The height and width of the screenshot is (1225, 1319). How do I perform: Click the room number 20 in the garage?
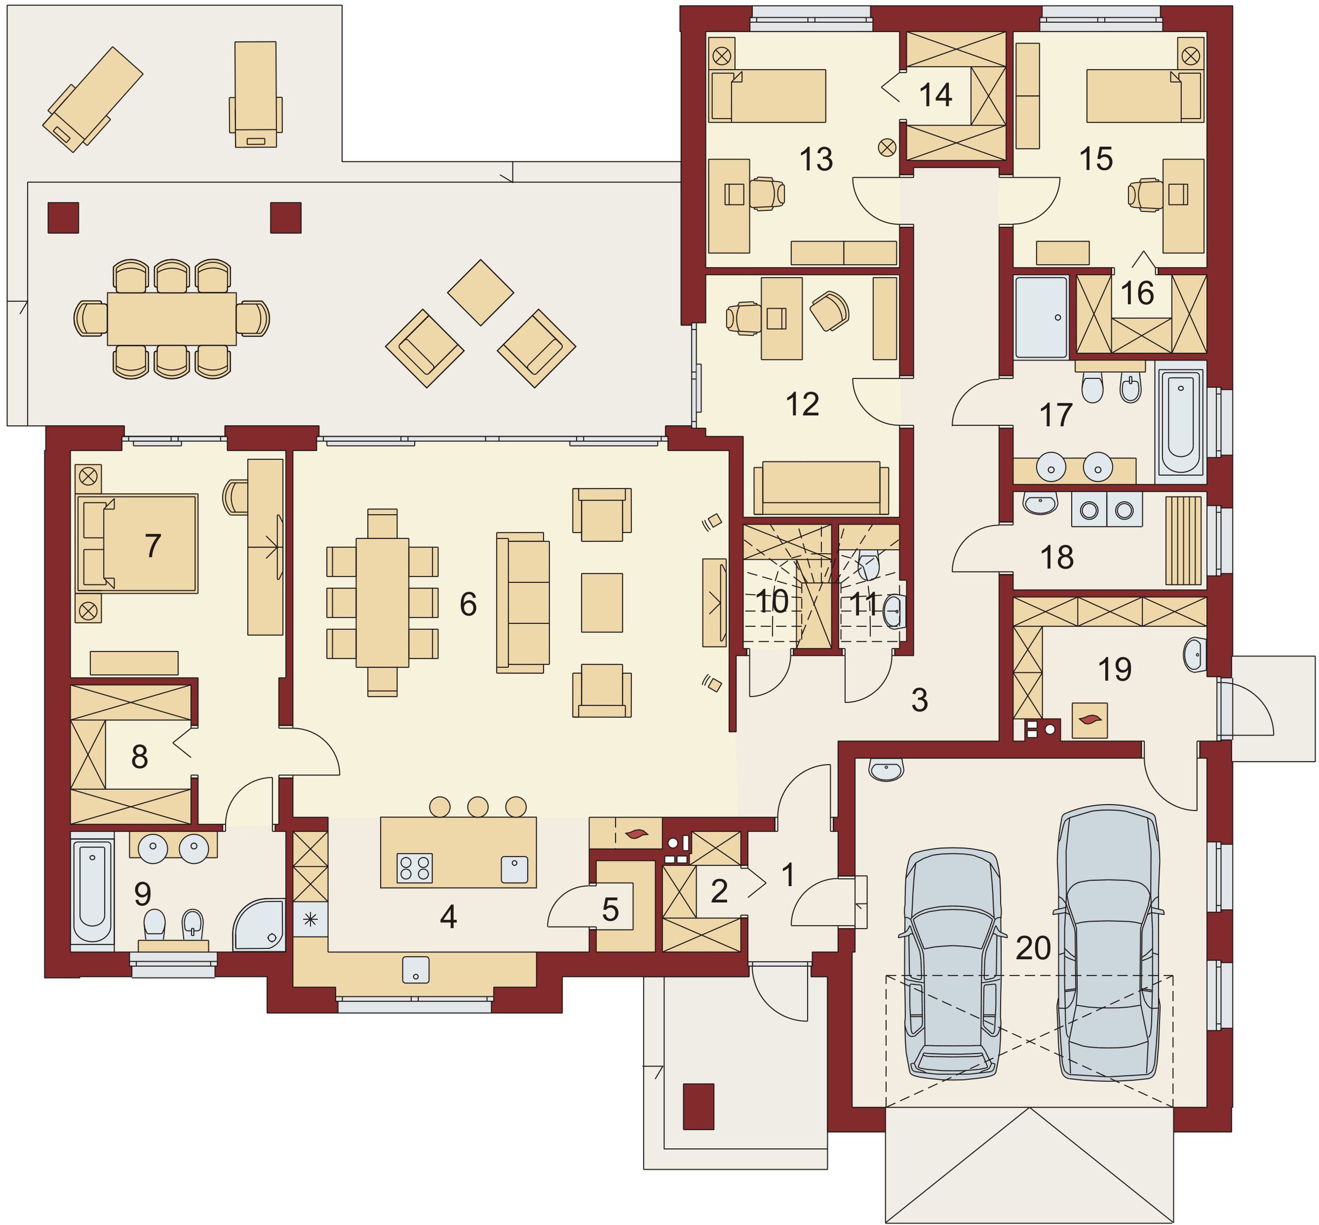[1034, 949]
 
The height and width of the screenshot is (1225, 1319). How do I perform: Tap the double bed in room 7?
[138, 543]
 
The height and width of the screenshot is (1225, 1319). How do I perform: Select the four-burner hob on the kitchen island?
[415, 868]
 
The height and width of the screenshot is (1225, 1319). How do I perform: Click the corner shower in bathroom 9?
[258, 925]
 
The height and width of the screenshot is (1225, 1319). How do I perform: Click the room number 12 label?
[802, 404]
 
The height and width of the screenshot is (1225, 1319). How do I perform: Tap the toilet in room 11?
[869, 564]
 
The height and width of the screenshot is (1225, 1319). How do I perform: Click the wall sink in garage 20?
[886, 770]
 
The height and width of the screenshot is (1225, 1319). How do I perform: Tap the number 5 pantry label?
[610, 910]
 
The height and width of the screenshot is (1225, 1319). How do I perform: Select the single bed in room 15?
[1144, 97]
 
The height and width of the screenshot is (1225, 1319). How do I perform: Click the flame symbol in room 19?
[1090, 720]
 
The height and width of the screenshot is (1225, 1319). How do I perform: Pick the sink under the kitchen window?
[415, 970]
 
